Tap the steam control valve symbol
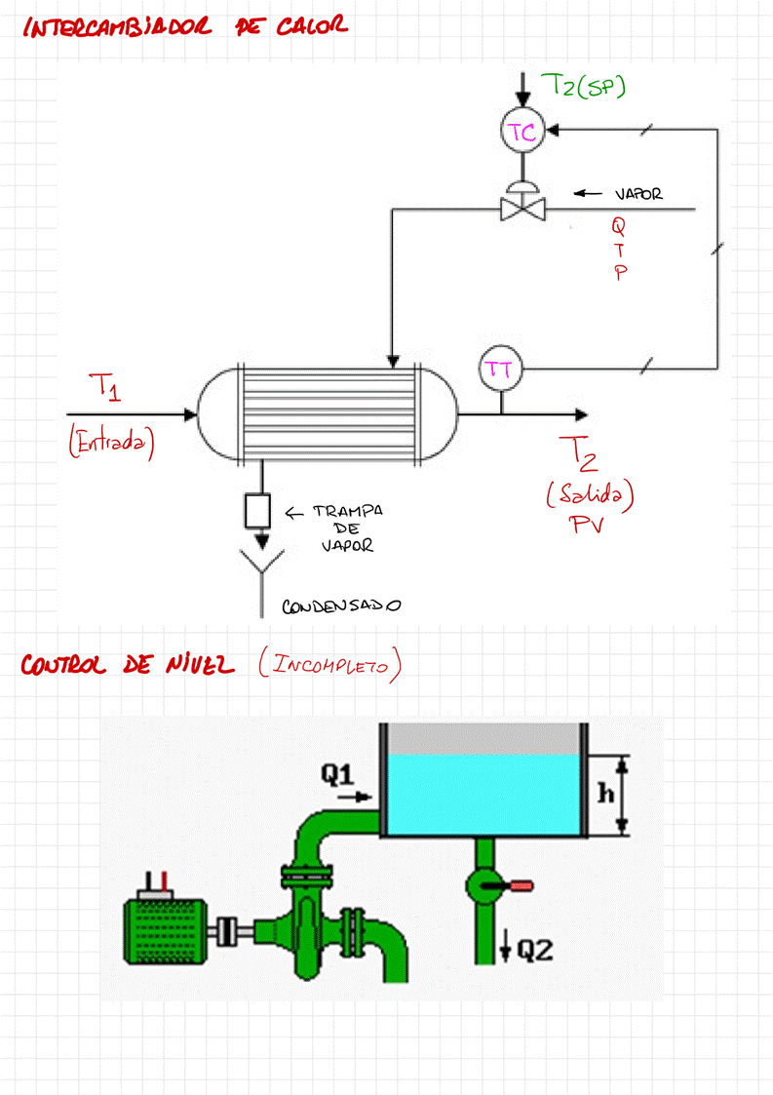click(522, 206)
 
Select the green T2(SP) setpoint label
click(583, 87)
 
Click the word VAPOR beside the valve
click(638, 194)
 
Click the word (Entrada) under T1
click(112, 442)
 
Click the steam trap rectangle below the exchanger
click(258, 509)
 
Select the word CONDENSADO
click(341, 606)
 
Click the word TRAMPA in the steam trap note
click(347, 512)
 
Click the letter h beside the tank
click(604, 793)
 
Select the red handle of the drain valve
click(519, 886)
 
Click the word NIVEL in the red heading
click(200, 665)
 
